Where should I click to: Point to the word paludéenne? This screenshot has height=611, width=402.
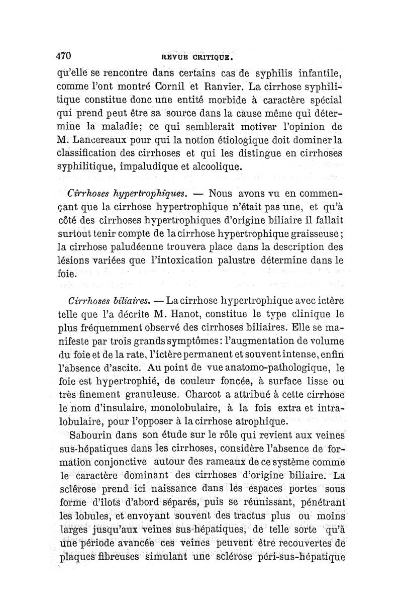click(x=132, y=247)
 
